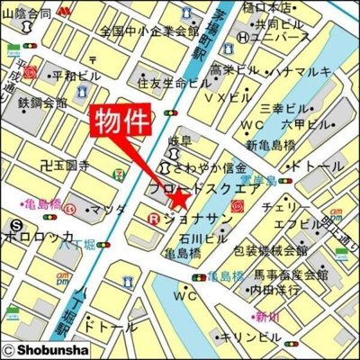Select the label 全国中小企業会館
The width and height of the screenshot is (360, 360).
coord(149,31)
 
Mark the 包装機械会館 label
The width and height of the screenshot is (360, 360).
coord(271,250)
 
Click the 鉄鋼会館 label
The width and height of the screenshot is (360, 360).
coord(42,103)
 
